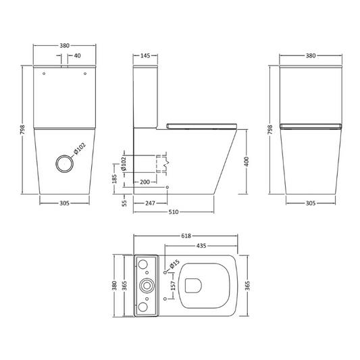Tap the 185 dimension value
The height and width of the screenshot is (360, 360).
115,179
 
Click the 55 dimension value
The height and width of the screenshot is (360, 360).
115,202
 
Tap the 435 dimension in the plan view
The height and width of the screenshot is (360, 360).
201,246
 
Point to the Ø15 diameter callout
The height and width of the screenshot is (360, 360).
174,265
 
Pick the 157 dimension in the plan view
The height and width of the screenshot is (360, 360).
174,286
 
